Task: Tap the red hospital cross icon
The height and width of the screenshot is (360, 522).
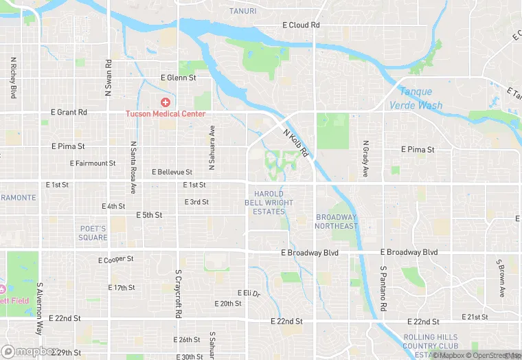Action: (165, 102)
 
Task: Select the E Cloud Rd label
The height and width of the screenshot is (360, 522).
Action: (302, 25)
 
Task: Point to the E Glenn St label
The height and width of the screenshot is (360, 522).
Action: (178, 78)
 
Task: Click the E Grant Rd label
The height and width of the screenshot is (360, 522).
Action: (69, 112)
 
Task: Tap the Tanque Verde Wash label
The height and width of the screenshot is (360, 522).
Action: (416, 99)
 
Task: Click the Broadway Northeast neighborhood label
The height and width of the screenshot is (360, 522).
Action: (337, 221)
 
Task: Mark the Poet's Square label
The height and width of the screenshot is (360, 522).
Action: (93, 233)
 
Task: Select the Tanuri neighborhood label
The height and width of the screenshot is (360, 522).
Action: (242, 12)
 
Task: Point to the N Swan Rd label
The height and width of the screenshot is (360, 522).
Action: (109, 74)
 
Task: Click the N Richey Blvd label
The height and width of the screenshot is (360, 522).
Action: (13, 77)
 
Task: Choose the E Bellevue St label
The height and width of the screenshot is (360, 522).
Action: (172, 172)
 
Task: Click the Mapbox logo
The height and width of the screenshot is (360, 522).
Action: (27, 352)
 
